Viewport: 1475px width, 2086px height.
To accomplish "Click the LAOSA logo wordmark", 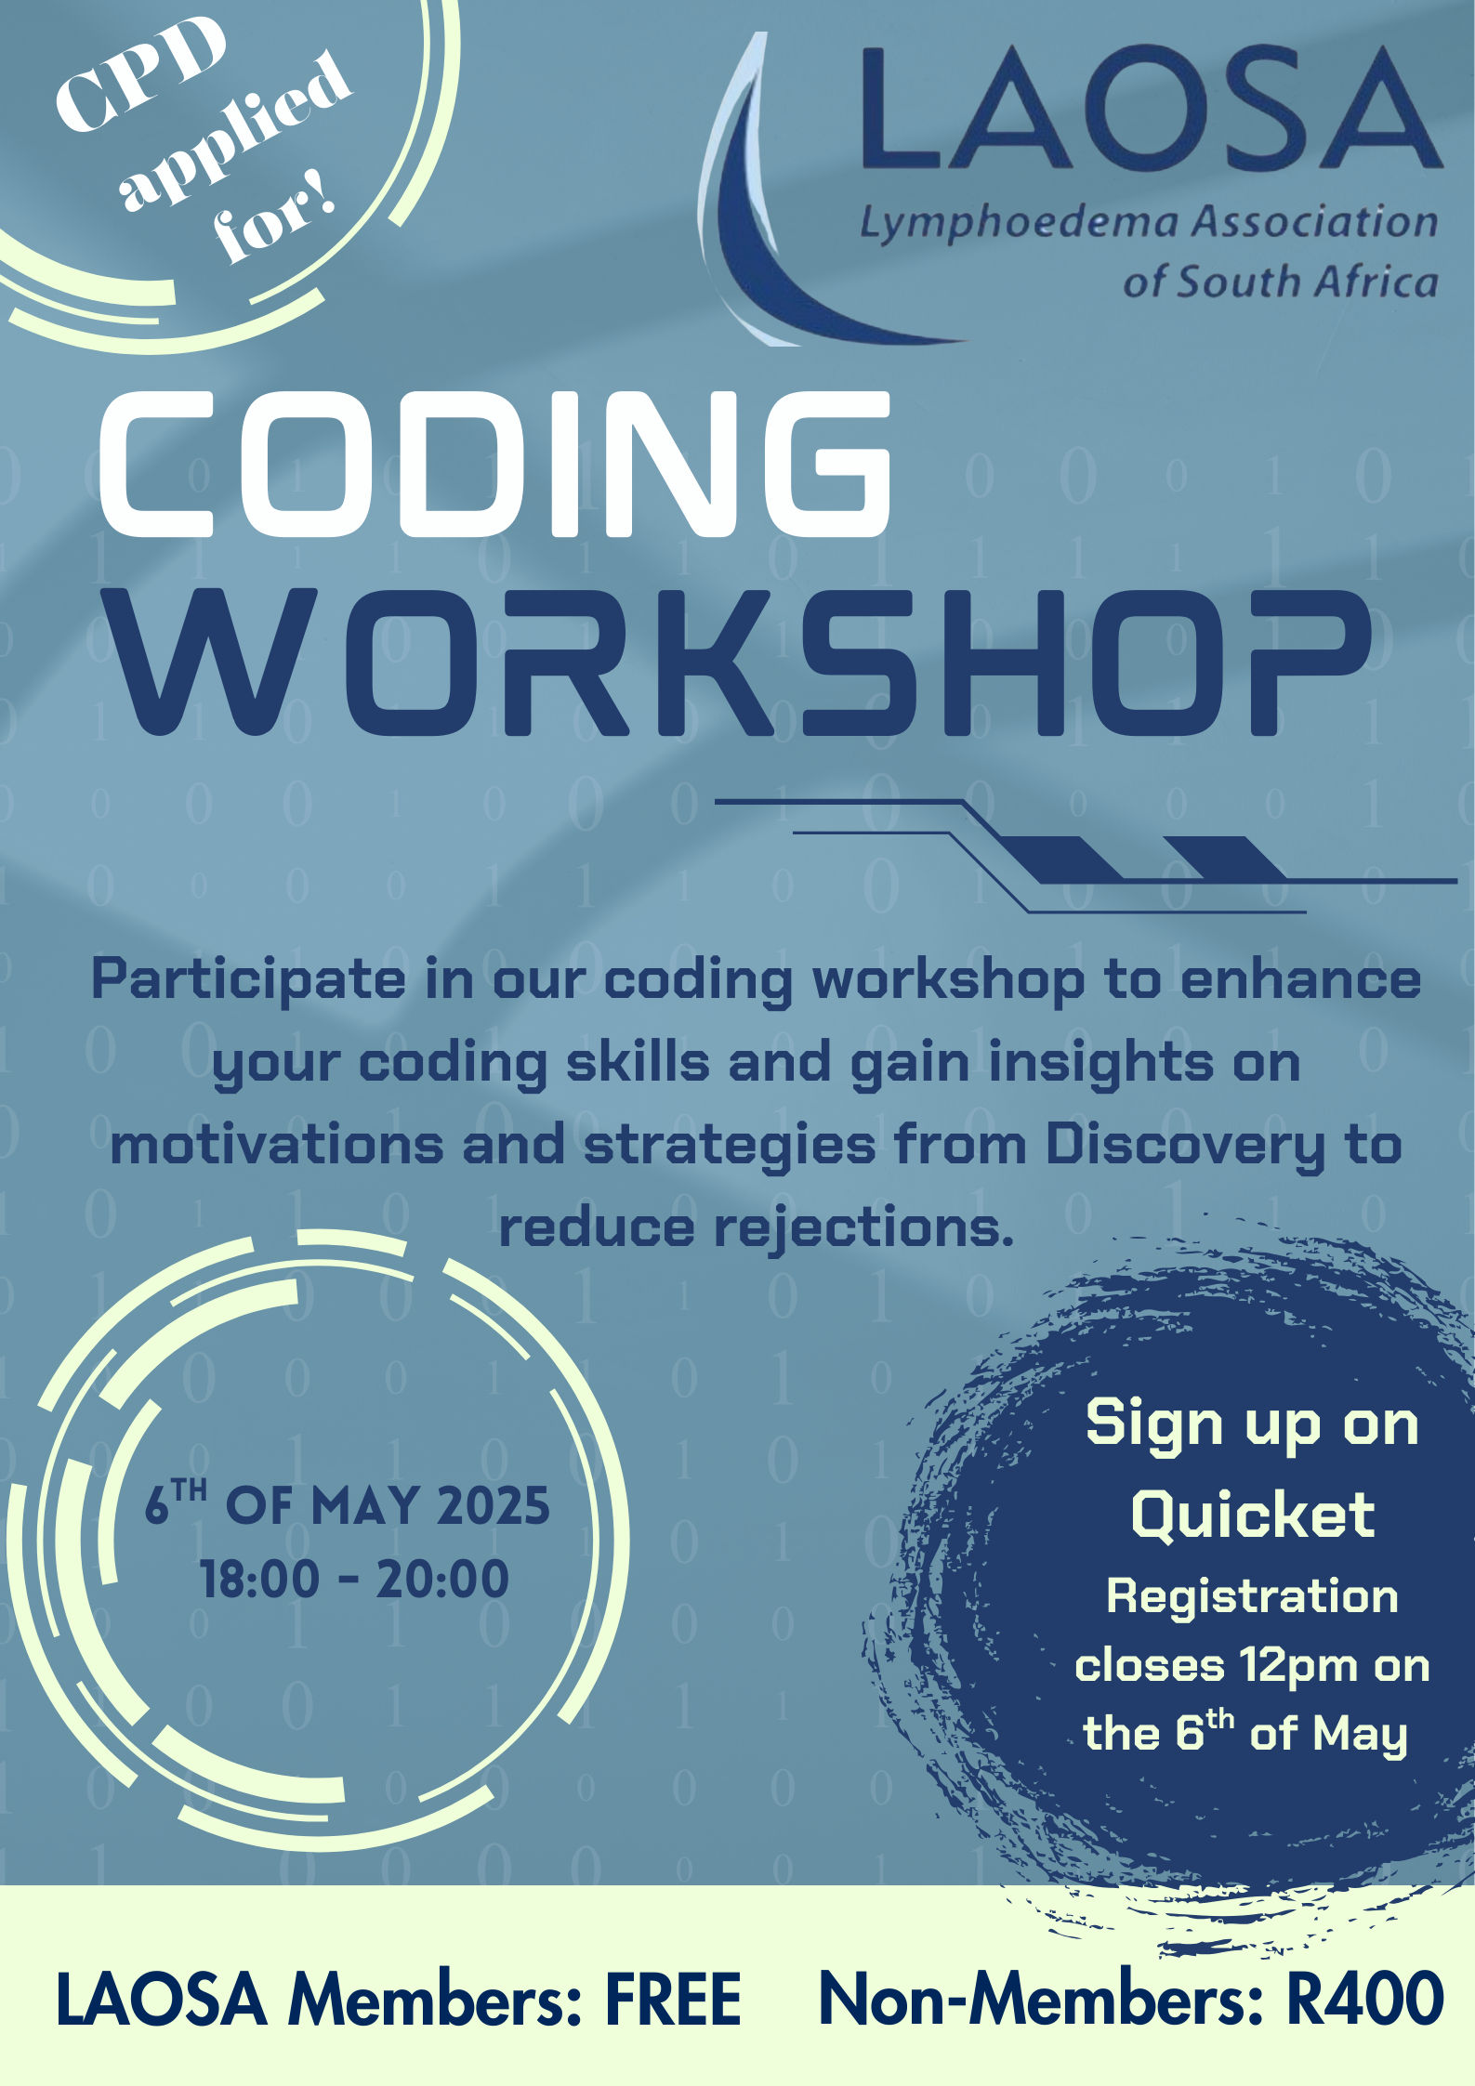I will coord(1151,110).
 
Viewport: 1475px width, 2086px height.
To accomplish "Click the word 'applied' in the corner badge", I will coord(237,130).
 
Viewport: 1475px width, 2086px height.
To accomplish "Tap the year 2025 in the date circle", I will coord(493,1505).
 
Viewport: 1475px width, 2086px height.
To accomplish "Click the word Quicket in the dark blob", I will coord(1252,1515).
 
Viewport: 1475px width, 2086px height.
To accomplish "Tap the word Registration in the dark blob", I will coord(1252,1597).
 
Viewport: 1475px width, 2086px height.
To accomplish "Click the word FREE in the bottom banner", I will coord(673,2000).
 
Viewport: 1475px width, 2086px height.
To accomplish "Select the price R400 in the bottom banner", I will coord(1364,2000).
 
